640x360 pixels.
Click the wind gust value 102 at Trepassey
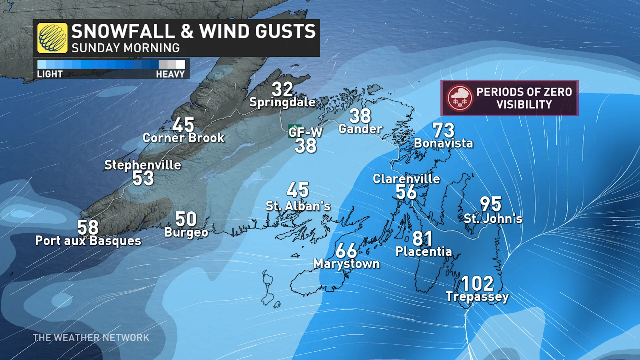tap(477, 284)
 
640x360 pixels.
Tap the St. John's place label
tap(493, 218)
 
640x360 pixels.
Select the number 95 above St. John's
tap(490, 204)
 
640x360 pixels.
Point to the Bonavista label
tap(443, 143)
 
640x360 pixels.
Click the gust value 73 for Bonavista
tap(444, 130)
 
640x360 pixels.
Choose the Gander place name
tap(360, 129)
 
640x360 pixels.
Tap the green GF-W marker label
tap(305, 132)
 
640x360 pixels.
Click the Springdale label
tap(282, 102)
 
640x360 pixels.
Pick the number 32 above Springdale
tap(282, 89)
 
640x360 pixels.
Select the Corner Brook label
tap(184, 138)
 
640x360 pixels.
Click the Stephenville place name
tap(143, 165)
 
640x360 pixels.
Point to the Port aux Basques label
tap(88, 241)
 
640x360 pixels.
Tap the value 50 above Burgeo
tap(186, 219)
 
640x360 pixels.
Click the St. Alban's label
tap(298, 206)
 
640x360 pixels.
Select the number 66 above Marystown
tap(346, 251)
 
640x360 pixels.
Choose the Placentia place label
tap(424, 252)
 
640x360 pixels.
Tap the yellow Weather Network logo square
tap(52, 38)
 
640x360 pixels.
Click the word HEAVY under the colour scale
tap(170, 74)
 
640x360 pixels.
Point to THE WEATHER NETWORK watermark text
tap(91, 338)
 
